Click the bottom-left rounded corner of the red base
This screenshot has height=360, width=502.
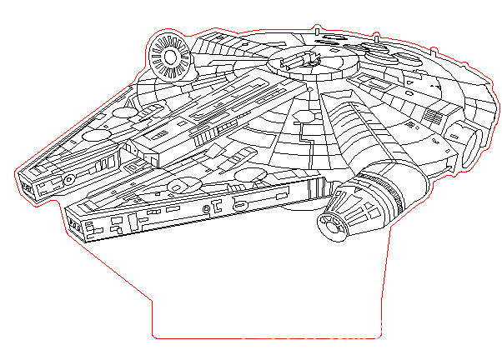tap(155, 334)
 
